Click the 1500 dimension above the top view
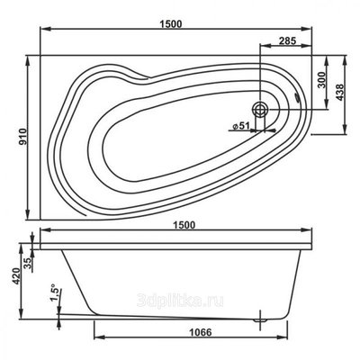tap(176, 21)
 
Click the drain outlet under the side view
tap(262, 317)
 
